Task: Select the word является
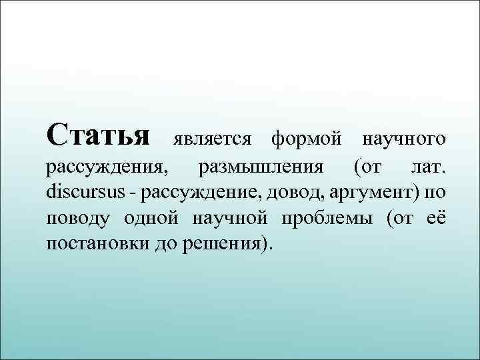pyautogui.click(x=211, y=139)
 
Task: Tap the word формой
pyautogui.click(x=305, y=139)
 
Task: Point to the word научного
pyautogui.click(x=403, y=139)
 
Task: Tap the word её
pyautogui.click(x=436, y=217)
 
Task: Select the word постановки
pyautogui.click(x=97, y=243)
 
